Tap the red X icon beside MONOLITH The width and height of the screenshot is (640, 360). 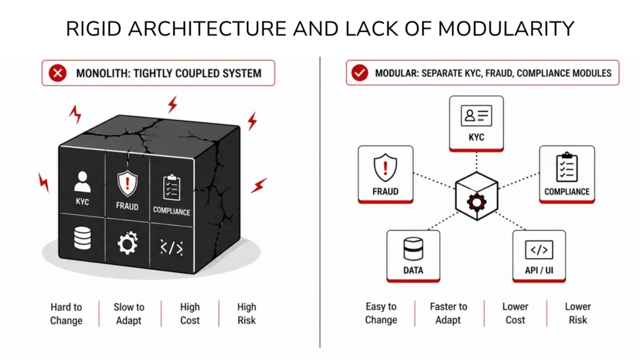click(58, 73)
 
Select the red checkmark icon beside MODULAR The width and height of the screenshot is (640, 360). click(359, 73)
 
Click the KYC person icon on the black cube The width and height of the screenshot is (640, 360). click(82, 181)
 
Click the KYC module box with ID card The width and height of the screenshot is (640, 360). click(476, 122)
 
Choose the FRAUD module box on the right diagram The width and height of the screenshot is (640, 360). click(385, 174)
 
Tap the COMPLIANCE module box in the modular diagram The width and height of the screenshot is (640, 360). click(567, 174)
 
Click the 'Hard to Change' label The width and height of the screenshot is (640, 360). click(66, 314)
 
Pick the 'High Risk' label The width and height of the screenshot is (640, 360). click(247, 314)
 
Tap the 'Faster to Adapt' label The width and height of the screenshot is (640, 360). click(448, 313)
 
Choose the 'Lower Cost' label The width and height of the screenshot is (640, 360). click(516, 313)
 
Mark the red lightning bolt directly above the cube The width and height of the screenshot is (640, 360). click(172, 104)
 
